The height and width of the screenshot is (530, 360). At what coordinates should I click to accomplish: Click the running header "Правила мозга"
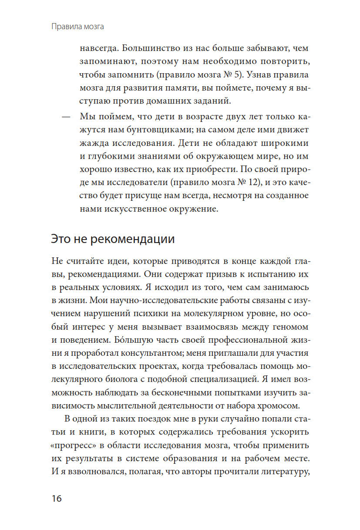[x=77, y=27]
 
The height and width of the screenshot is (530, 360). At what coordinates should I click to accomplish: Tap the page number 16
[x=57, y=498]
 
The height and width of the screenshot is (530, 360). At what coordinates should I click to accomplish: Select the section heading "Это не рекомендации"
[x=113, y=239]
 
